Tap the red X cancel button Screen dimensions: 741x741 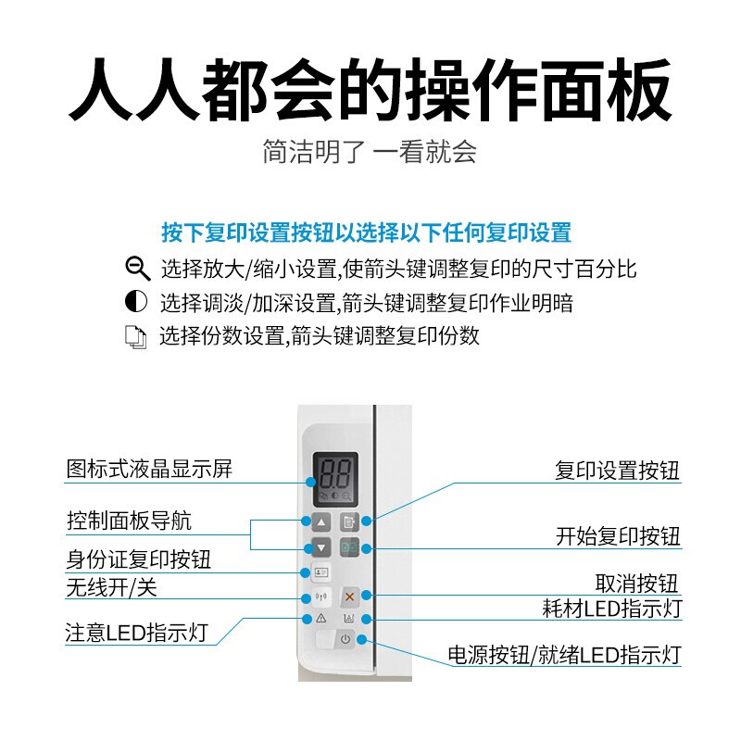click(x=349, y=596)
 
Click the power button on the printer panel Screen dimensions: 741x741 click(x=345, y=639)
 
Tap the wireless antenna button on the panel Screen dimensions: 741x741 click(x=320, y=596)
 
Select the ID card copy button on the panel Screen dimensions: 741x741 click(x=320, y=571)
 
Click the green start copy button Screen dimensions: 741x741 click(x=349, y=546)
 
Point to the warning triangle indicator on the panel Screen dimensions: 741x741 click(x=320, y=618)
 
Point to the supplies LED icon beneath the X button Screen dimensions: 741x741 click(x=349, y=618)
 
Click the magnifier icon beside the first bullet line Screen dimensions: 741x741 click(x=137, y=270)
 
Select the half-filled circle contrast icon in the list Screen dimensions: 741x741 click(x=136, y=302)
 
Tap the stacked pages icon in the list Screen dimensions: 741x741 click(x=136, y=336)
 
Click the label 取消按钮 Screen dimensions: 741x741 click(x=636, y=584)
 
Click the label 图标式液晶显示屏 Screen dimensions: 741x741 click(x=149, y=469)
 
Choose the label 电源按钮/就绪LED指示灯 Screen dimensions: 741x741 click(x=564, y=655)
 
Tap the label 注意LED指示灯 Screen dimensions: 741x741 click(x=137, y=634)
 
